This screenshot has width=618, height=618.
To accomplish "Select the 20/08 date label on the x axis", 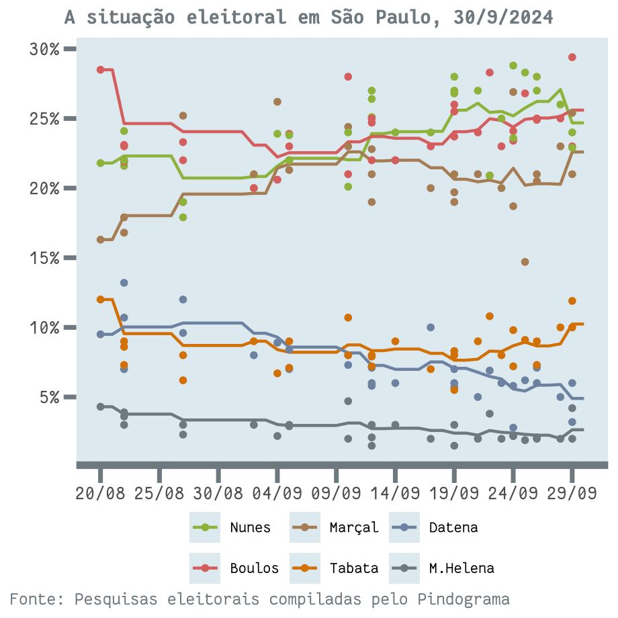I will click(x=100, y=494).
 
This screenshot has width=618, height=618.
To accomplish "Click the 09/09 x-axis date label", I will click(x=336, y=494).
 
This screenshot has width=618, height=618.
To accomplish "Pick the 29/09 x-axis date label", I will click(x=572, y=494).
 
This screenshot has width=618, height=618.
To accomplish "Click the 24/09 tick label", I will click(x=513, y=494).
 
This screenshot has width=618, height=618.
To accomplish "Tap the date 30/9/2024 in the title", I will click(x=503, y=17).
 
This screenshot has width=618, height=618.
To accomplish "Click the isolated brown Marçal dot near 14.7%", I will click(x=525, y=262).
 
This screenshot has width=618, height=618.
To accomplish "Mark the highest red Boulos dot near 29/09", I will click(x=572, y=57).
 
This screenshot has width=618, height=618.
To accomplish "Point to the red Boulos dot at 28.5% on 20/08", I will click(x=100, y=70).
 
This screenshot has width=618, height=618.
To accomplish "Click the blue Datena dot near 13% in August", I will click(x=124, y=283).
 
